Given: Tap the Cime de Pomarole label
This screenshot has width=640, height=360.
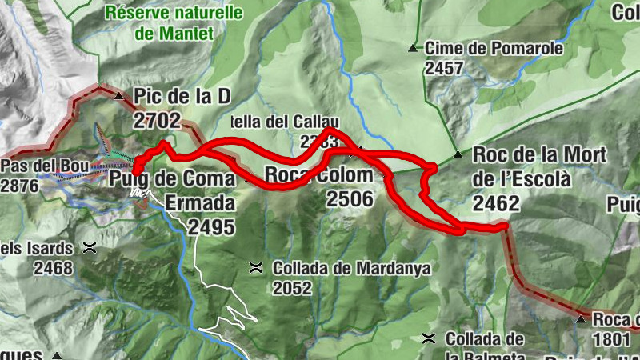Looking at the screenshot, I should [494, 49].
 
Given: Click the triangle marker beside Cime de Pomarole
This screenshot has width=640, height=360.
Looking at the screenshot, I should [413, 49].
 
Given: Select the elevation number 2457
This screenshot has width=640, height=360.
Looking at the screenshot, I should [445, 68].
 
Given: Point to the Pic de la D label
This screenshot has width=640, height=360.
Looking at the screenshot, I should [182, 97].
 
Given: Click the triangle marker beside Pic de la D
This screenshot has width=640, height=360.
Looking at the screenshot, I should [120, 97].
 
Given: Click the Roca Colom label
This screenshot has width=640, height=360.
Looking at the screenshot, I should [318, 175].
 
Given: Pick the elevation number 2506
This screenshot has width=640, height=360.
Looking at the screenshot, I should [350, 198].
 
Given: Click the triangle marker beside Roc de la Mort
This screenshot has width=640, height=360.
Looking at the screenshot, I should [458, 154].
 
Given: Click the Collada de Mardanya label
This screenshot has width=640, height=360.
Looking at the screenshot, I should [351, 269].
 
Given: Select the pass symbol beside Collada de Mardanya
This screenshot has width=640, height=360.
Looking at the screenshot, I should [257, 267].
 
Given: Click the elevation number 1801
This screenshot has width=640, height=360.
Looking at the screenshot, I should [612, 339].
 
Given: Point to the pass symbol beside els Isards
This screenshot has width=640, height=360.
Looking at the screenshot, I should [89, 248].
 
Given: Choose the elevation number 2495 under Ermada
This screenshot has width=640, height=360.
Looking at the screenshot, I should [212, 227].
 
